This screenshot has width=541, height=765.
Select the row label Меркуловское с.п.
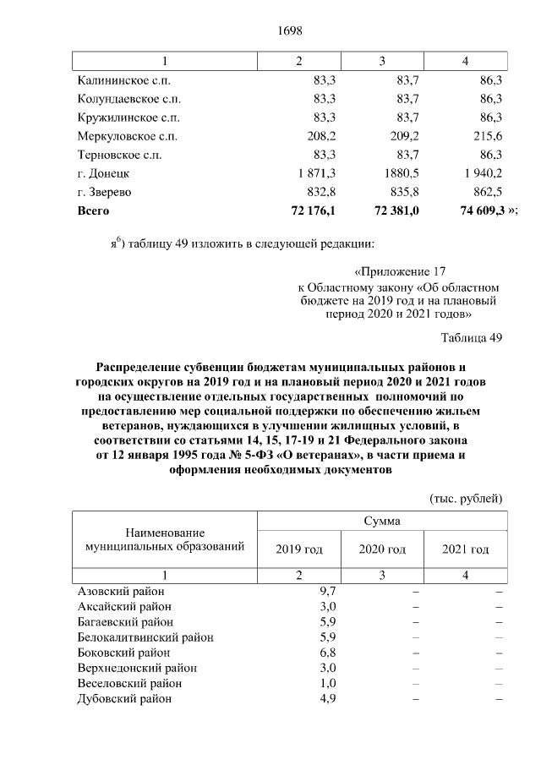[127, 135]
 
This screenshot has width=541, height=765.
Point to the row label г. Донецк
[102, 173]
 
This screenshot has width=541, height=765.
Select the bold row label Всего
[93, 210]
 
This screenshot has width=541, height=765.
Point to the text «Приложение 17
[398, 272]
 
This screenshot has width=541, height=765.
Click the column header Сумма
[382, 522]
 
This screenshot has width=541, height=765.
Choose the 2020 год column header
[382, 549]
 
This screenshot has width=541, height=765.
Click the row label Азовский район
[121, 591]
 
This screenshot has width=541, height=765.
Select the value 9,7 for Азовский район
[328, 591]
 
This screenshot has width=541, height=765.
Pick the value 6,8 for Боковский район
[328, 653]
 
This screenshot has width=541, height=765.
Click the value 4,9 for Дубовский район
[328, 698]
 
